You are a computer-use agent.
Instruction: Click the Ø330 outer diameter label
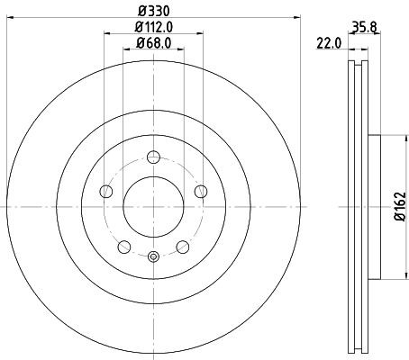[x=153, y=11]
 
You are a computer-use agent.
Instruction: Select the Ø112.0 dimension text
[x=154, y=28]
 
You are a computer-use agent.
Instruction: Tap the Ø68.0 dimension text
[x=154, y=45]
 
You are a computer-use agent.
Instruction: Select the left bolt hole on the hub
[x=106, y=191]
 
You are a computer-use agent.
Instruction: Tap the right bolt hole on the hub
[x=200, y=191]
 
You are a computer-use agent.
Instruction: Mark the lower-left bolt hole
[x=124, y=247]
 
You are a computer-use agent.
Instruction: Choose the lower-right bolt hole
[x=182, y=247]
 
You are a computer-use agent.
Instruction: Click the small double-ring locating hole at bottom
[x=153, y=257]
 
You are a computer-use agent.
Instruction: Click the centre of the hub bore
[x=153, y=206]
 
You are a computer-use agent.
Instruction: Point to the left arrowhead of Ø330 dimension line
[x=12, y=19]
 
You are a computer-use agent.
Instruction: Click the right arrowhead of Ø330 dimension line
[x=295, y=19]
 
